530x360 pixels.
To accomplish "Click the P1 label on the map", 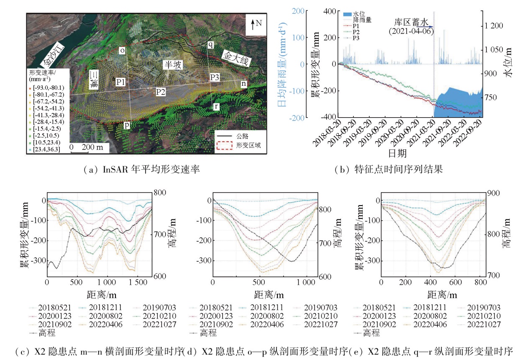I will (x=121, y=82).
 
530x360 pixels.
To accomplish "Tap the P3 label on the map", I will (x=215, y=77).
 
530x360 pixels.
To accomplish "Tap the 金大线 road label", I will (x=235, y=59).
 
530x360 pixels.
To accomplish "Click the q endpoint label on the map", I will (x=210, y=44).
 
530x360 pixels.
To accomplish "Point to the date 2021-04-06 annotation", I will (x=410, y=31).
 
